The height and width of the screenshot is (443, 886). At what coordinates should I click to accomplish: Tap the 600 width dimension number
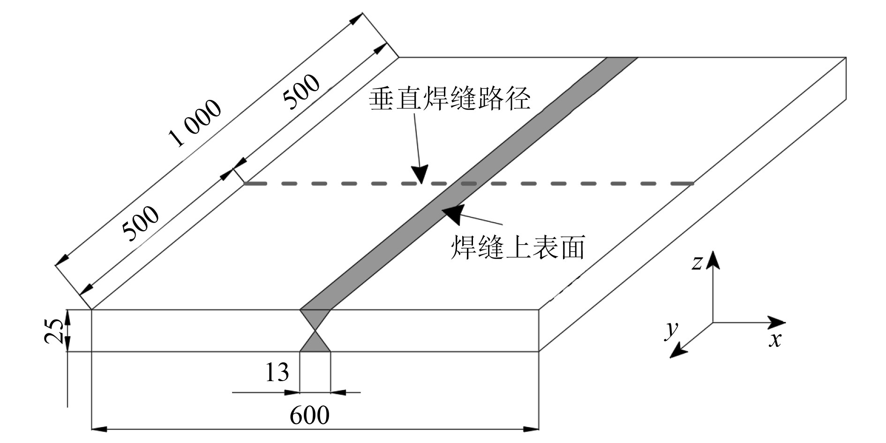309,415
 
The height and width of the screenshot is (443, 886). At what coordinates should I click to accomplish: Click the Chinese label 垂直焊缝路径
450,100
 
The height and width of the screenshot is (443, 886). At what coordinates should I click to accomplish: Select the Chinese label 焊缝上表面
518,248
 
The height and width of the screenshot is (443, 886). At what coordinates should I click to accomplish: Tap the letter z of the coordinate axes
697,263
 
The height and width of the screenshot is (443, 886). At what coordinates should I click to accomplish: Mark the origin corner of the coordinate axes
713,323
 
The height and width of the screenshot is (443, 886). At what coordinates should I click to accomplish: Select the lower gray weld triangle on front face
315,345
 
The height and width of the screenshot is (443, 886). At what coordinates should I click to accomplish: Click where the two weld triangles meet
315,330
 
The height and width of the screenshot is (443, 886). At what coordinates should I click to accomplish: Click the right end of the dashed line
692,183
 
